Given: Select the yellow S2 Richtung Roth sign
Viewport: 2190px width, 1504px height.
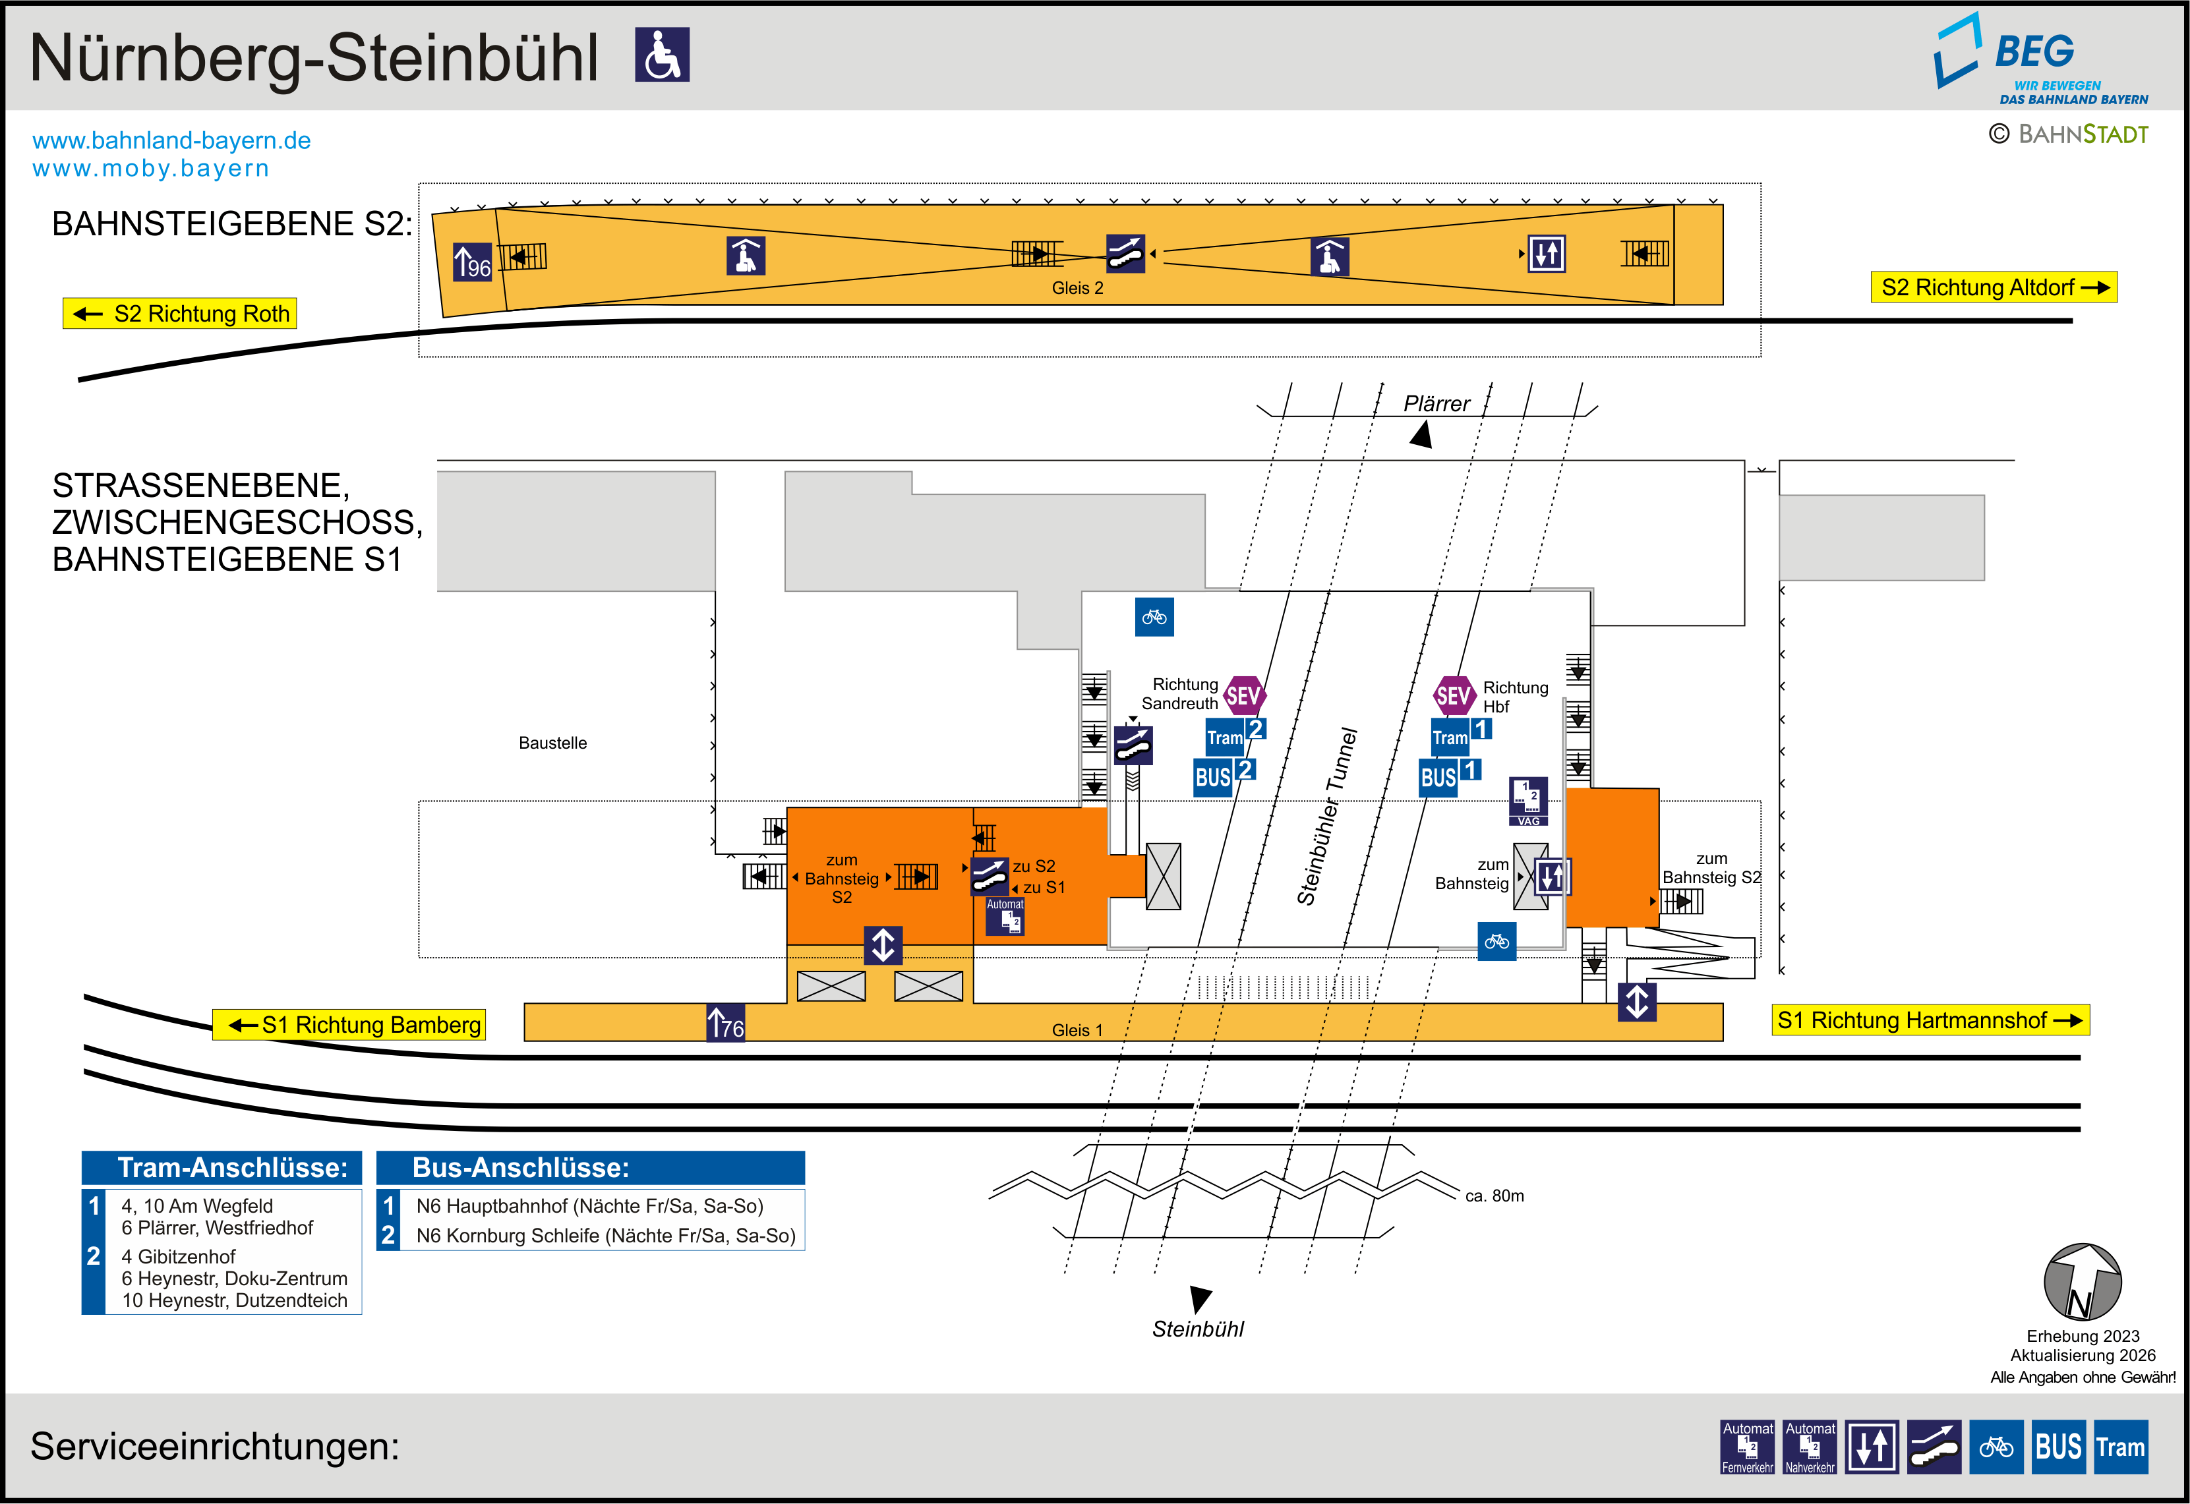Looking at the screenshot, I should coord(180,314).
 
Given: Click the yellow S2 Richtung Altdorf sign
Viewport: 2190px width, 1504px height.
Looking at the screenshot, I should coord(1993,287).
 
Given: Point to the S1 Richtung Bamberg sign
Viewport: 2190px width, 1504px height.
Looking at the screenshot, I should coord(349,1024).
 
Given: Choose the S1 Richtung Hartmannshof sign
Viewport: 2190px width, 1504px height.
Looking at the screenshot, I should coord(1930,1020).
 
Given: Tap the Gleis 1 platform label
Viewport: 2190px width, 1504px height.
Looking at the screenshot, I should coord(1077,1030).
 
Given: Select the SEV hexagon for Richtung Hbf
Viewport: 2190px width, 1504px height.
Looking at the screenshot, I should coord(1453,695).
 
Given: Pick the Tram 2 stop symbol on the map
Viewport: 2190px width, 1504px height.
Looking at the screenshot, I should coord(1235,735).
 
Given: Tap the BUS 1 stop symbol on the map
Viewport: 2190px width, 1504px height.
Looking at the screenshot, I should coord(1449,776).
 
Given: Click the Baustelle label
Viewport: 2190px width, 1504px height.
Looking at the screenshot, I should coord(552,743).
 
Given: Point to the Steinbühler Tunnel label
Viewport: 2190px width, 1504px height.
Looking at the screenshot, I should coord(1327,817).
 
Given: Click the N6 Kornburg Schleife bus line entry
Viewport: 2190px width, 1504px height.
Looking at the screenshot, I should coord(605,1235).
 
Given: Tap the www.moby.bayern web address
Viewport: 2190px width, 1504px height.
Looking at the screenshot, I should coord(151,169).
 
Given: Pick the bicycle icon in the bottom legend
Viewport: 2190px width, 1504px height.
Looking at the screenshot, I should coord(1996,1447).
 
